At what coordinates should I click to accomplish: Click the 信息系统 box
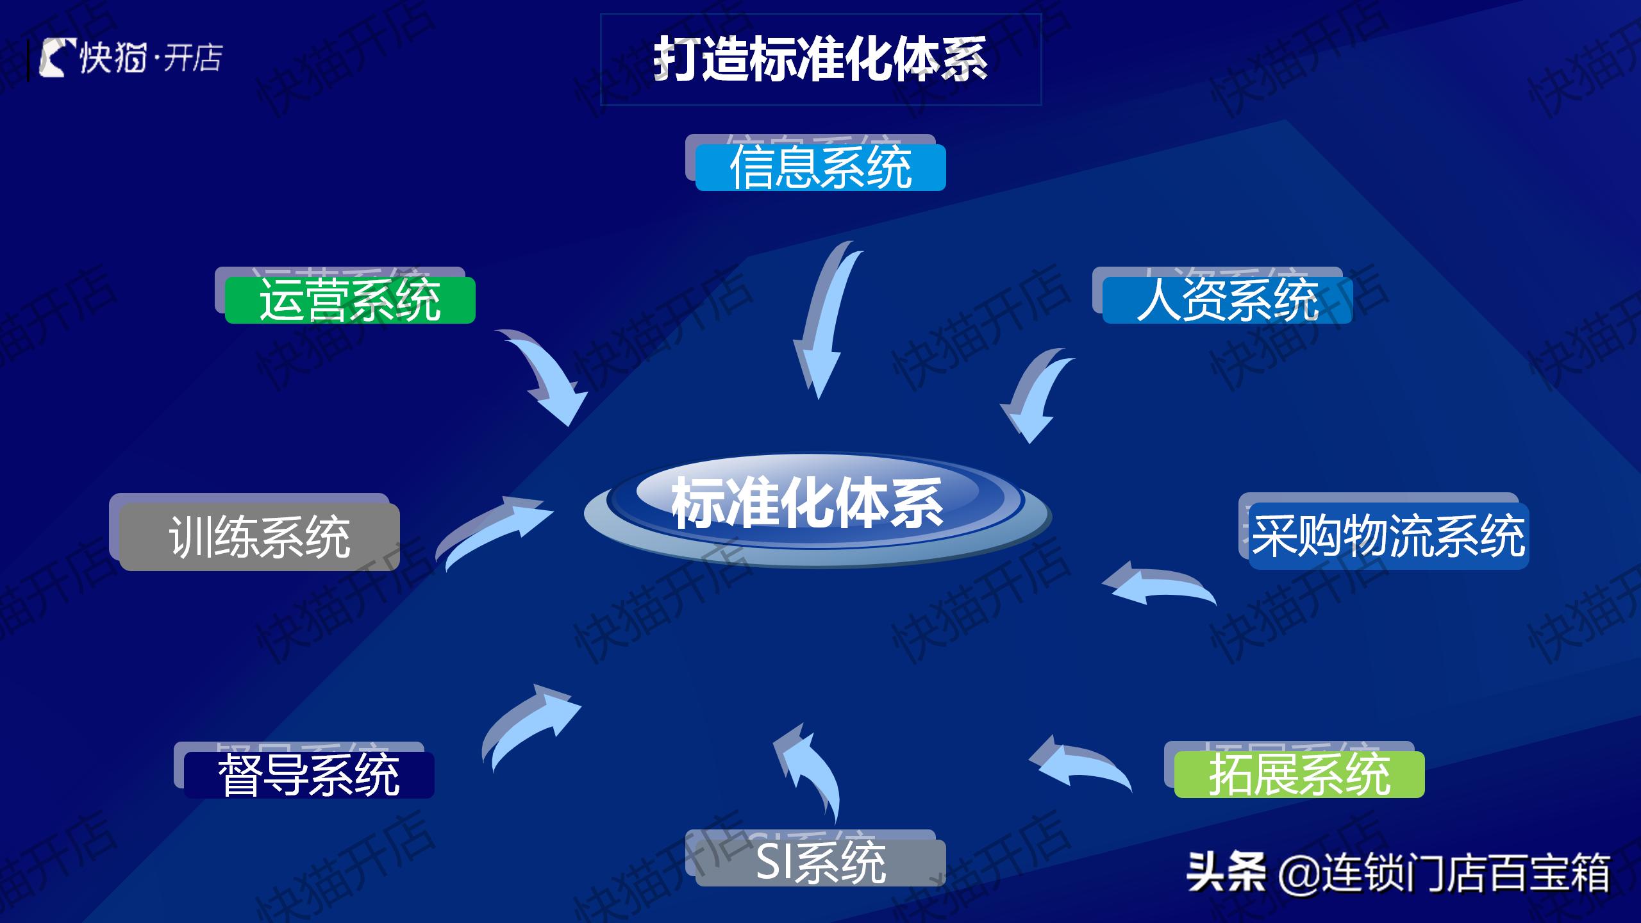click(x=820, y=167)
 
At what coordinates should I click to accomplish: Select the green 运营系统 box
click(x=350, y=300)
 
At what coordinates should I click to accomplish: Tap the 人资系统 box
click(x=1227, y=300)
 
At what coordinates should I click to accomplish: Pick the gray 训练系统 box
click(x=259, y=537)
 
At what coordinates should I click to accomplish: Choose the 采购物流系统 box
click(x=1388, y=536)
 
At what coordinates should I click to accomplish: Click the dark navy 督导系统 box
click(x=309, y=775)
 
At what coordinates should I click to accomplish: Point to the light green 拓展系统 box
click(x=1299, y=774)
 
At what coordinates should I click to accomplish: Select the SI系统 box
click(x=820, y=863)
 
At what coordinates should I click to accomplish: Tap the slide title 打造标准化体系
click(x=820, y=59)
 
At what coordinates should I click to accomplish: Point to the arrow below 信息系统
click(x=827, y=320)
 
